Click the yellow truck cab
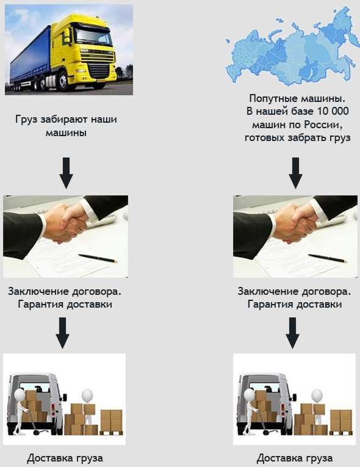(x=90, y=51)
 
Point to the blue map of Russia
(x=292, y=48)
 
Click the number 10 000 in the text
(x=333, y=111)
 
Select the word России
(x=323, y=125)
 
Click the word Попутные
(x=270, y=98)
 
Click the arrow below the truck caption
(x=66, y=173)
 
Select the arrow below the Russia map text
(x=295, y=173)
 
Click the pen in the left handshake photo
(x=98, y=258)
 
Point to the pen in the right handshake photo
(x=327, y=258)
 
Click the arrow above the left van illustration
(x=62, y=333)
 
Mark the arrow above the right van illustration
(x=292, y=333)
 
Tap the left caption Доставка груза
(x=65, y=458)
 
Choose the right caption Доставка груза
(x=295, y=458)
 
